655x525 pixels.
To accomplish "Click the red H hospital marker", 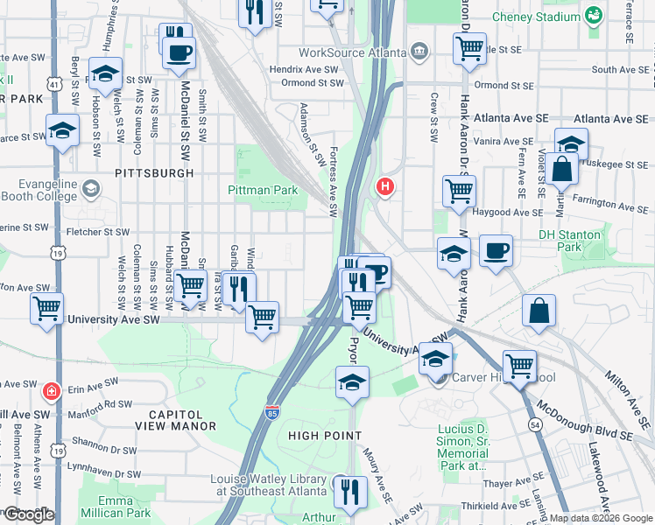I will (384, 186).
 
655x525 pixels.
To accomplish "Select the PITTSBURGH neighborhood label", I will (154, 174).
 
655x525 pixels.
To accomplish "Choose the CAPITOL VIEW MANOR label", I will (175, 420).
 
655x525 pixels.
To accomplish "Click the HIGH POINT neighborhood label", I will (324, 435).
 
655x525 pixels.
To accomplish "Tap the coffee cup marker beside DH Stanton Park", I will (496, 252).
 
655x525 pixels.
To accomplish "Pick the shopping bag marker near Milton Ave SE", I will (539, 311).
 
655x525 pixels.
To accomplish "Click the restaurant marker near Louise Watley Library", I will (352, 492).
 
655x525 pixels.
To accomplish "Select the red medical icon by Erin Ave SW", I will (52, 388).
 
